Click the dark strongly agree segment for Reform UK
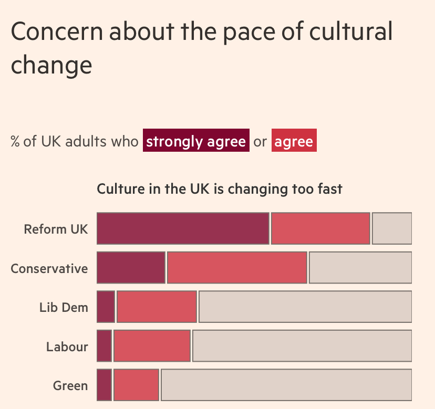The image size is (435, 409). pos(183,228)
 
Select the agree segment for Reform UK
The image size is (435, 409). pos(320,228)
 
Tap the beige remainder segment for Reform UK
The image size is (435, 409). pos(392,228)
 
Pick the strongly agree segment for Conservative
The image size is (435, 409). pos(131,268)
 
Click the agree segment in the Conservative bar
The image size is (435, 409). pos(237,268)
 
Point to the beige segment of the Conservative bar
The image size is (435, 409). pos(360,268)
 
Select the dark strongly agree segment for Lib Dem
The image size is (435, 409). pos(106,307)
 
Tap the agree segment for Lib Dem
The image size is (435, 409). pos(157,307)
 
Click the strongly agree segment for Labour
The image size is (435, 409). pos(105,345)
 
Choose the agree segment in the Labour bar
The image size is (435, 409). pos(152,345)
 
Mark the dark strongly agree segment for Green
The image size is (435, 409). pos(105,385)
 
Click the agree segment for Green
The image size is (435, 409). pos(136,385)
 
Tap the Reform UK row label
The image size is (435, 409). pos(56,229)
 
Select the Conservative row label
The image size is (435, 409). pos(49,269)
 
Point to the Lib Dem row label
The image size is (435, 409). pos(64,308)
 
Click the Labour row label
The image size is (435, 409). pos(67,347)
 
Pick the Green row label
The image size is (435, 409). pos(70,386)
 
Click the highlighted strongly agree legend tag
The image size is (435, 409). pos(196,141)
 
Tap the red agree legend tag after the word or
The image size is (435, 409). pos(294,141)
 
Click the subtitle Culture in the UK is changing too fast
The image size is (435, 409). pos(220,189)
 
